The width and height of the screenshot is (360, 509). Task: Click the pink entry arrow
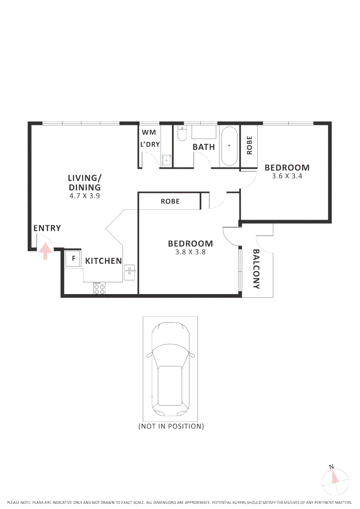tap(45, 251)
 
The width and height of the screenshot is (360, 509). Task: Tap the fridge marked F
tap(73, 259)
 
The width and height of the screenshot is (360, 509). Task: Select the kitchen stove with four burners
tap(99, 288)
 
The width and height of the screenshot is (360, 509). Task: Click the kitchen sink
tap(130, 272)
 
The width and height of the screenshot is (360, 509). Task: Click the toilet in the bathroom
tap(182, 134)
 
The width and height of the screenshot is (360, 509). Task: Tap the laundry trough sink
tap(167, 160)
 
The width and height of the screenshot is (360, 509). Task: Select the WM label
tap(148, 132)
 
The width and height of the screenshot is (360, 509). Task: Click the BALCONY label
tap(257, 269)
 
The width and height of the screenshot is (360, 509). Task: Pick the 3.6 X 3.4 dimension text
tap(287, 176)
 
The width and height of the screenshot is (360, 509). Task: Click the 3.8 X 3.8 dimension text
tap(190, 252)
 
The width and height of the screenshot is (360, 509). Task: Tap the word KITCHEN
tap(104, 261)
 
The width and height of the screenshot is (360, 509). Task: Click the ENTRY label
tap(47, 229)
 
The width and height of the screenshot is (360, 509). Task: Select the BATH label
tap(204, 147)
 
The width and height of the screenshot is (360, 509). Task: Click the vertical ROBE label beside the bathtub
tap(249, 145)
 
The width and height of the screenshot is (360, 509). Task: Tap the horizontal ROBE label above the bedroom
tap(170, 201)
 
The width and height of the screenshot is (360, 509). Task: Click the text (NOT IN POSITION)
tap(171, 426)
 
